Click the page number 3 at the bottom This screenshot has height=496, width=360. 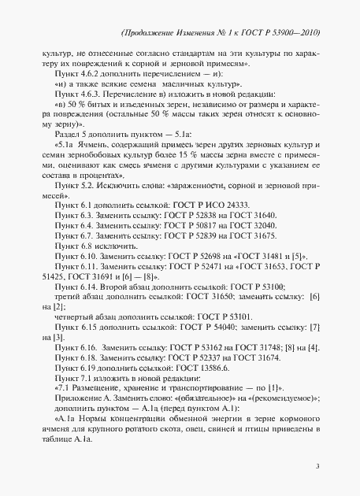click(x=317, y=467)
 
